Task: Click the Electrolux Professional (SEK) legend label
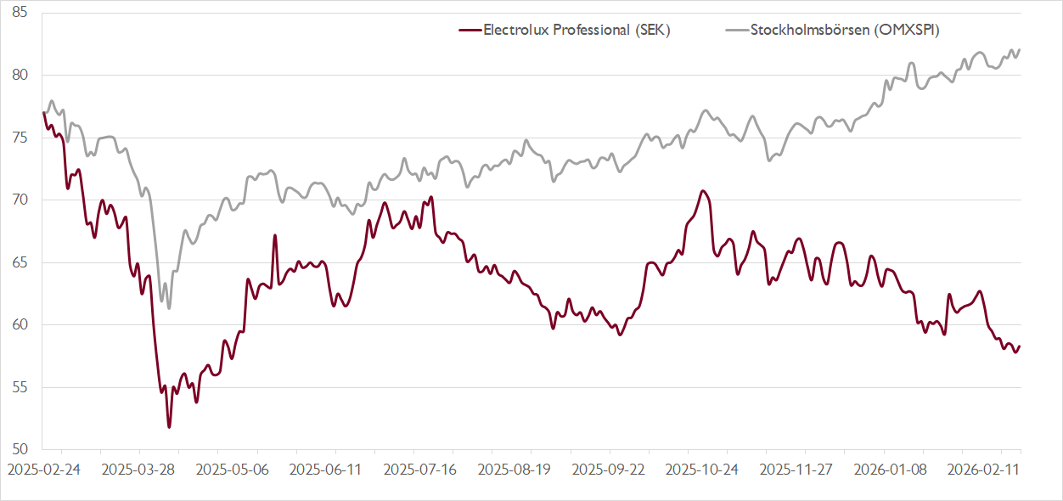(576, 30)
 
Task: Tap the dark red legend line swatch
(470, 30)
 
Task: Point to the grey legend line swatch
(737, 30)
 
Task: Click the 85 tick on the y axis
(20, 13)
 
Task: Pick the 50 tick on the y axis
(20, 449)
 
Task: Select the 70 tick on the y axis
(20, 200)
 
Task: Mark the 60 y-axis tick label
(20, 324)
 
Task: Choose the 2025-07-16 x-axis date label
(419, 468)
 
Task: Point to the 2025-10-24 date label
(701, 468)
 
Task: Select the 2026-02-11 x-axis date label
(983, 468)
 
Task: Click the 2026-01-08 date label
(889, 468)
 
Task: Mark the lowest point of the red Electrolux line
(169, 427)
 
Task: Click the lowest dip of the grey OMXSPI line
(169, 308)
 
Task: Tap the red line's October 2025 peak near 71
(703, 190)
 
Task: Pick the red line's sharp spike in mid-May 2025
(275, 235)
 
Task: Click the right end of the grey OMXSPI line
(1020, 49)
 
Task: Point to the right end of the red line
(1020, 346)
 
